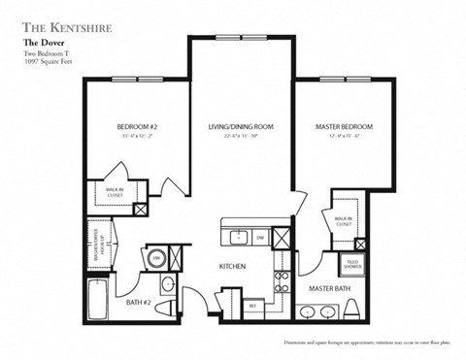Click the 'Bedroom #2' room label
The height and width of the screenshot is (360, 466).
[x=136, y=127]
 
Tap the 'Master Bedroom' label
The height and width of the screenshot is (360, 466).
[x=344, y=127]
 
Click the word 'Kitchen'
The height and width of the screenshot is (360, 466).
[x=232, y=266]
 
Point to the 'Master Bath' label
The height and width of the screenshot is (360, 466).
[x=330, y=289]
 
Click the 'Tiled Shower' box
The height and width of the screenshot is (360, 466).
[x=351, y=263]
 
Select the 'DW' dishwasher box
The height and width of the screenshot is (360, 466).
[x=260, y=236]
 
